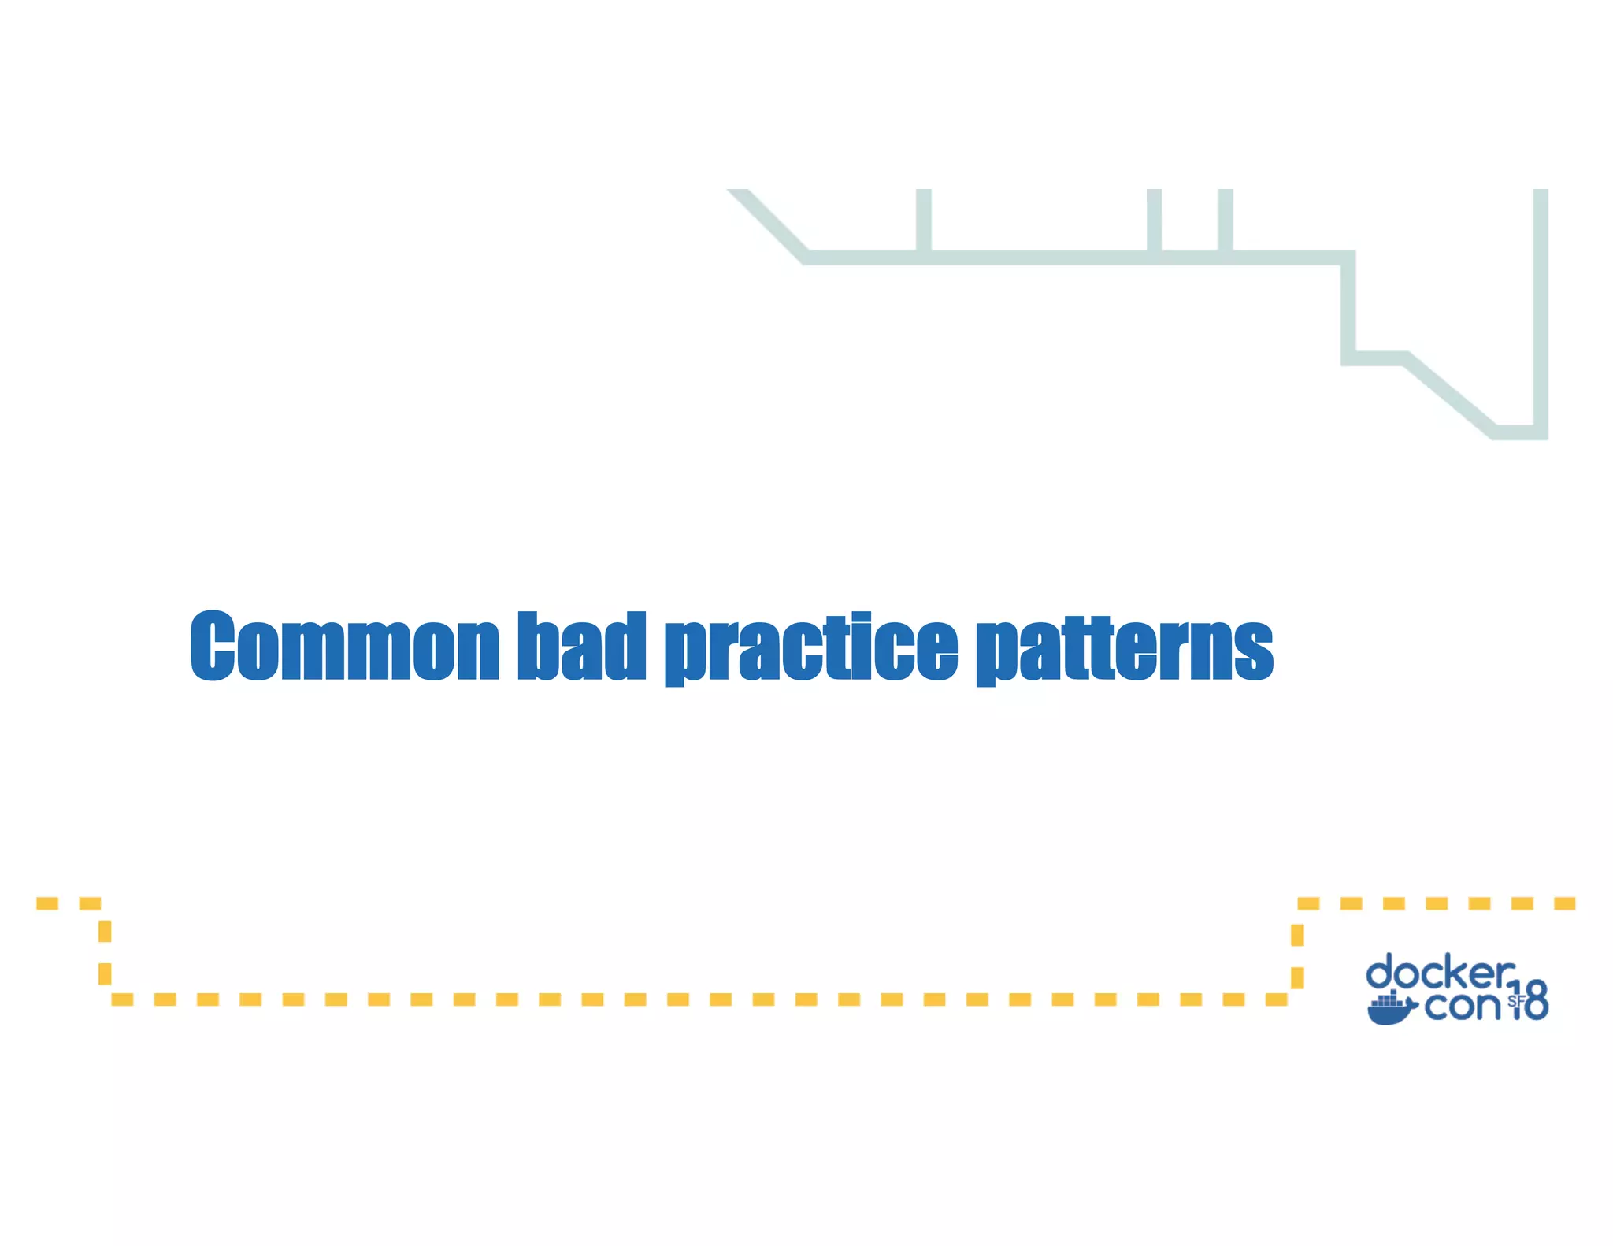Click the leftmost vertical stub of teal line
tap(923, 221)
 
